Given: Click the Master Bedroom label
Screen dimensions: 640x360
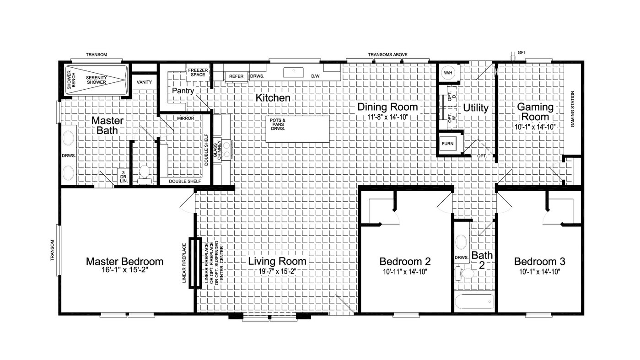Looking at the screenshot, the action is pyautogui.click(x=124, y=262).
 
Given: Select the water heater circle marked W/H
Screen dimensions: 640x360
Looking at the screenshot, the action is pyautogui.click(x=448, y=73).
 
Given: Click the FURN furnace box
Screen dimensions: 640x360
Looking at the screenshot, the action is pyautogui.click(x=448, y=144).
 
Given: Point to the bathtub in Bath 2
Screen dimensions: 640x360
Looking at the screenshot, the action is pyautogui.click(x=474, y=302).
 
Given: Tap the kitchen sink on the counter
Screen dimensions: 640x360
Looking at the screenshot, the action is pyautogui.click(x=293, y=73).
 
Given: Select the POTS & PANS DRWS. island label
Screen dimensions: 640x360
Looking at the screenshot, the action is pyautogui.click(x=278, y=124).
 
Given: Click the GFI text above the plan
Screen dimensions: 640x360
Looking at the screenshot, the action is pyautogui.click(x=521, y=53).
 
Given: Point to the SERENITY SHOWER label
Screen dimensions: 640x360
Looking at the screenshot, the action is pyautogui.click(x=96, y=80).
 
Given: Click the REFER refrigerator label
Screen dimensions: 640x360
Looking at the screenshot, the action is pyautogui.click(x=237, y=76).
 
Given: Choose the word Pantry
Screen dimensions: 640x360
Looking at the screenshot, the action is pyautogui.click(x=183, y=91).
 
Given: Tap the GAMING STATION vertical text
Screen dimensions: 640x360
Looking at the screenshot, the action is pyautogui.click(x=572, y=109).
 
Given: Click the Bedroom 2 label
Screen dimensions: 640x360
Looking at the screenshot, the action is pyautogui.click(x=405, y=262).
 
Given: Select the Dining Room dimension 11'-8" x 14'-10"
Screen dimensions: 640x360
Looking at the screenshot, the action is pyautogui.click(x=388, y=117).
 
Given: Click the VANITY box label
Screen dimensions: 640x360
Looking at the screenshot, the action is pyautogui.click(x=144, y=82).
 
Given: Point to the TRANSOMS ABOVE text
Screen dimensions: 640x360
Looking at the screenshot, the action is pyautogui.click(x=387, y=54).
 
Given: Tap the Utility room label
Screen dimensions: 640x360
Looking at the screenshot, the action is pyautogui.click(x=476, y=107).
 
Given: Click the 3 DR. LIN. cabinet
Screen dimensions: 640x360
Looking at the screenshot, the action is pyautogui.click(x=124, y=177).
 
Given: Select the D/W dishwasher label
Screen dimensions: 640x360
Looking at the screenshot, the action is pyautogui.click(x=315, y=76).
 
